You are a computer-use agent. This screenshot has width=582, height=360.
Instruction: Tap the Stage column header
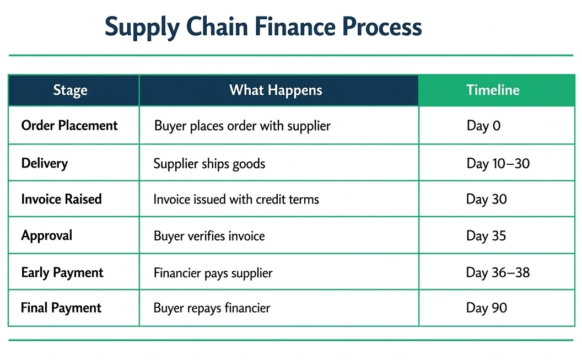70,90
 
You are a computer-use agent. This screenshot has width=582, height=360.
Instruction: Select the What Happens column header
276,90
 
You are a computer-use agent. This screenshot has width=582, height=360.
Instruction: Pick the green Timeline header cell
493,90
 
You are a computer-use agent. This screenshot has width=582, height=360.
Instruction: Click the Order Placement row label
69,126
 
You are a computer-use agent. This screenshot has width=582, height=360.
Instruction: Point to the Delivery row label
45,163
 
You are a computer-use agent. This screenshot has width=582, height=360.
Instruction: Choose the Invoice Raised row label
61,199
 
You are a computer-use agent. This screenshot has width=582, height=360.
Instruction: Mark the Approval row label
47,235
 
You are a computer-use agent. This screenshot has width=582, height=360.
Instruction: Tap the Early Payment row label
62,272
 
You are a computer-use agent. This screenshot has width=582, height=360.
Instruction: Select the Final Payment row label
61,308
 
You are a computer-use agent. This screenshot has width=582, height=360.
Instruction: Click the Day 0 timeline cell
483,126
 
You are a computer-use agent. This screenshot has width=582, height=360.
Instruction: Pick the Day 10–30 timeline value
498,164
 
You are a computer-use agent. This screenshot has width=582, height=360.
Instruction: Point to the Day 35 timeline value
486,236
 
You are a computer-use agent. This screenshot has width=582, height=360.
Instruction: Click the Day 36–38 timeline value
498,272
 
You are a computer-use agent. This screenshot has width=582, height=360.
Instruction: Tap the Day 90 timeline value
486,308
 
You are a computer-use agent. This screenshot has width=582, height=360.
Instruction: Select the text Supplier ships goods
209,164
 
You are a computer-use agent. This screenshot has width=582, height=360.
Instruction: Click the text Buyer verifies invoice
209,236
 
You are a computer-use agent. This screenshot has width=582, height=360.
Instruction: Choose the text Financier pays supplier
213,273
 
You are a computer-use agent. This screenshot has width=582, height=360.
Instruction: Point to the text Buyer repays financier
212,308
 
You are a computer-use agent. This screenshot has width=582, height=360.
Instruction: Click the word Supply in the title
141,28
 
